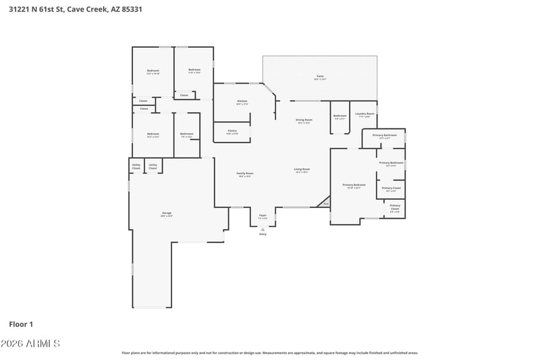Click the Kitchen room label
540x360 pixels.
coord(242,102)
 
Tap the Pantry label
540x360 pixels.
coord(232,131)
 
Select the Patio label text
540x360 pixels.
coord(320,77)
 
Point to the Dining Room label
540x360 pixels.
coord(304,121)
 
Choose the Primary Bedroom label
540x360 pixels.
coord(354,186)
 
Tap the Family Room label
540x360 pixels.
coord(244,174)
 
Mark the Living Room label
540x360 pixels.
coord(302,170)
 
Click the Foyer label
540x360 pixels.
coord(263,216)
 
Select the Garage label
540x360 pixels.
coord(166,214)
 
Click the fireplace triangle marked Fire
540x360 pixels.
coord(325,203)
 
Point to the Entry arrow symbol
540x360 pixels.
coord(263,228)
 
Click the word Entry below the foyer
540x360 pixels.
coord(263,234)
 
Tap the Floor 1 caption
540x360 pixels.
coord(22,324)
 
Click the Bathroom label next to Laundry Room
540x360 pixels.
coord(340,116)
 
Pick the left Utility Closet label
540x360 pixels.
coord(136,166)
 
